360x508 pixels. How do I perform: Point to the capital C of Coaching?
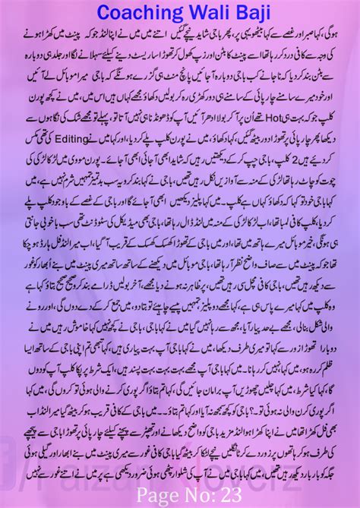coord(86,13)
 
